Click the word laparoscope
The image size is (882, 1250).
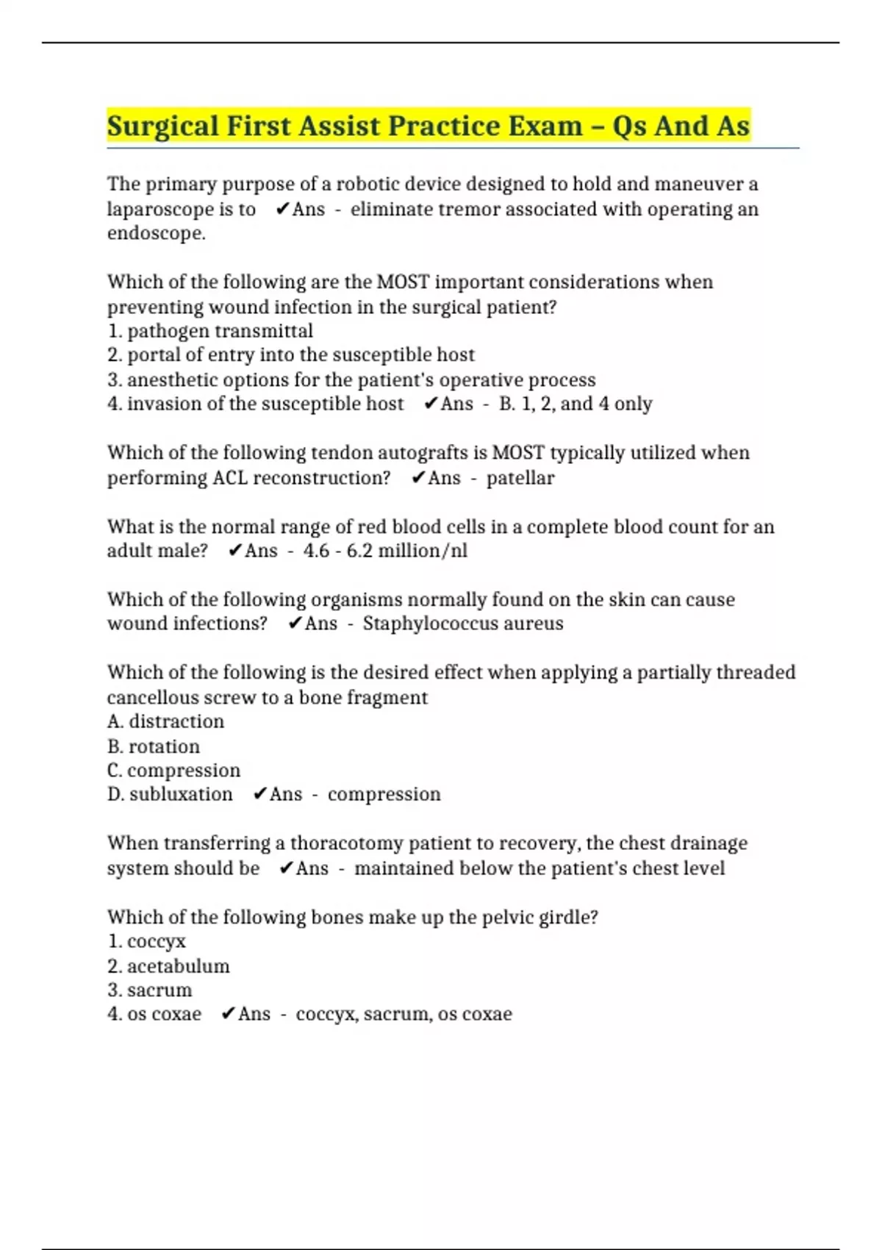159,210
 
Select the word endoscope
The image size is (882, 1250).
156,234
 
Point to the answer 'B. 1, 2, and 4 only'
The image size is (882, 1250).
576,404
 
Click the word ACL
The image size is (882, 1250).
231,478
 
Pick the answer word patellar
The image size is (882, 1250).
520,478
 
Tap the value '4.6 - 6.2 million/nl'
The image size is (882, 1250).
385,551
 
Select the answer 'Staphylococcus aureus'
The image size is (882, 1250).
463,624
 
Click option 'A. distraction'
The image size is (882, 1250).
165,721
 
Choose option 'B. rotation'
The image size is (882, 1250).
154,746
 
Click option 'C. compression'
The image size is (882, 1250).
173,771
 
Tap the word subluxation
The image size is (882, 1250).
181,794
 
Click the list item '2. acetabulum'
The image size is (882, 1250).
168,966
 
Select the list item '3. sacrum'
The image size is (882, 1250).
149,990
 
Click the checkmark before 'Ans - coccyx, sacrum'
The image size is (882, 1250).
228,1014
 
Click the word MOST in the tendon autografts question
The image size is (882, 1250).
518,453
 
